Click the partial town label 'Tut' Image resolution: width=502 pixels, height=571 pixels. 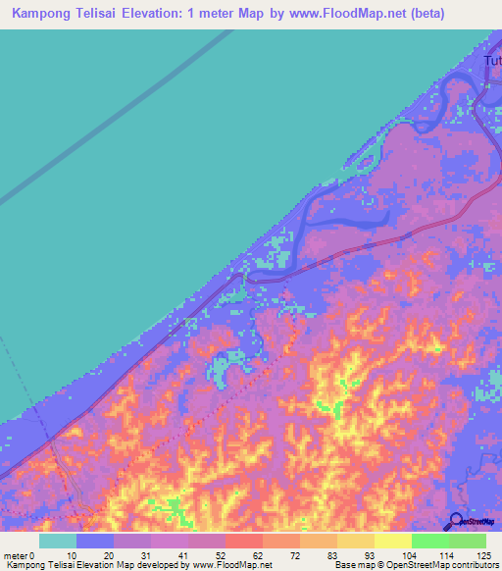(x=492, y=62)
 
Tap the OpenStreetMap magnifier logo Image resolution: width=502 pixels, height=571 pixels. (x=456, y=522)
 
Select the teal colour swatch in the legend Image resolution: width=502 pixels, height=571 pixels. (x=58, y=541)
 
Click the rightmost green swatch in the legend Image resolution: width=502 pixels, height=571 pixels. (x=468, y=541)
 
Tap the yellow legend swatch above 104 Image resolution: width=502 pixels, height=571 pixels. (x=393, y=541)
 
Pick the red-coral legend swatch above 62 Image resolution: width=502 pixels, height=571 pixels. (x=244, y=541)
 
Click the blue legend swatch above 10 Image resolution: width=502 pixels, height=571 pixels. (x=95, y=541)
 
